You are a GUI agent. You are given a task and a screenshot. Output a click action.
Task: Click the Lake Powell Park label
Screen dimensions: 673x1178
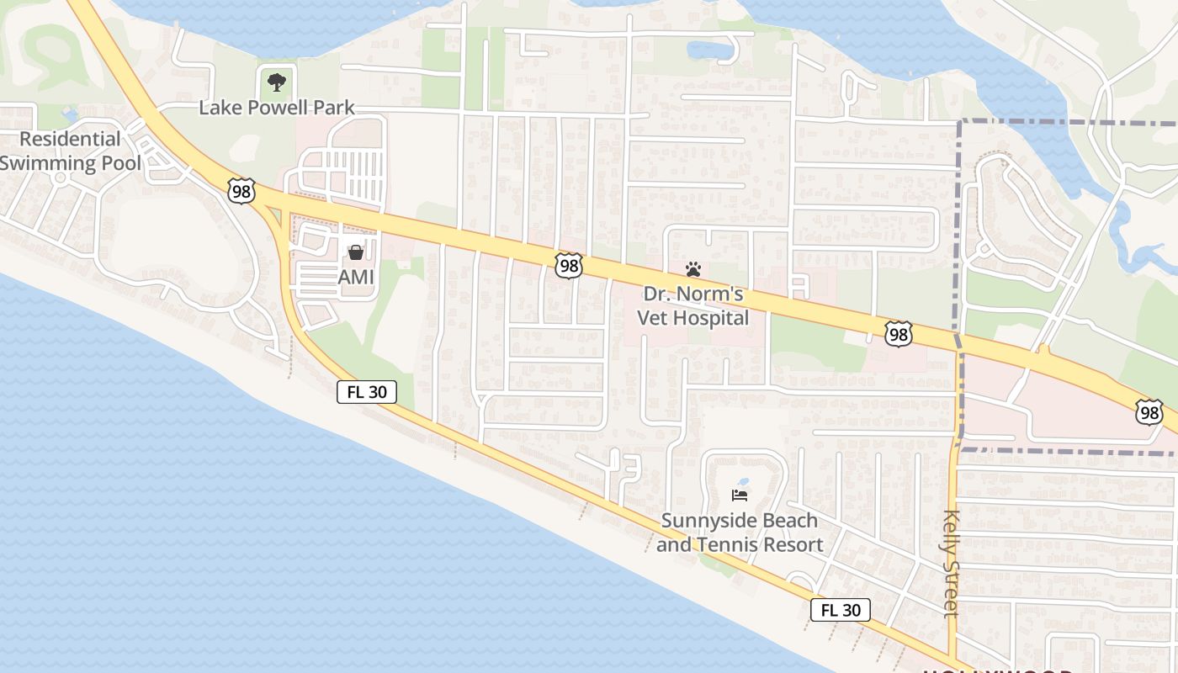[x=277, y=108]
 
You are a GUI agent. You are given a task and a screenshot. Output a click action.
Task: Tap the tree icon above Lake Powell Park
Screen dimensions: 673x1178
[x=276, y=82]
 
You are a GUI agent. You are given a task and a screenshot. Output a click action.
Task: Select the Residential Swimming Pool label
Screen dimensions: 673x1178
[x=71, y=151]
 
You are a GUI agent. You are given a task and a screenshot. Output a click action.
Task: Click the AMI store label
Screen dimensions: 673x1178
[x=356, y=277]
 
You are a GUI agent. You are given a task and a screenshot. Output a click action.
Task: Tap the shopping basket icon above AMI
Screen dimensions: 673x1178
[x=356, y=252]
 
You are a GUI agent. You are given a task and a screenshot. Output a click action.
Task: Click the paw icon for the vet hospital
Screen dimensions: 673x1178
[x=693, y=269]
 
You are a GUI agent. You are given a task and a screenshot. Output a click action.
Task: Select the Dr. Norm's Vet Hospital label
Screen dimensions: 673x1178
[x=693, y=306]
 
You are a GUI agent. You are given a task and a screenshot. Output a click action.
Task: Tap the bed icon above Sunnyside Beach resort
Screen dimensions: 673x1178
[x=740, y=495]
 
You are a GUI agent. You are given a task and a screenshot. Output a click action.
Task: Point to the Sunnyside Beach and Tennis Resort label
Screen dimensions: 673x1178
[x=740, y=533]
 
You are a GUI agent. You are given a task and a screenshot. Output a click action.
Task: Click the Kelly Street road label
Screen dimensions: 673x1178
[x=952, y=564]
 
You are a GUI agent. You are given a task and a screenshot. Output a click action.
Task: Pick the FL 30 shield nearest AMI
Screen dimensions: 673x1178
[x=367, y=391]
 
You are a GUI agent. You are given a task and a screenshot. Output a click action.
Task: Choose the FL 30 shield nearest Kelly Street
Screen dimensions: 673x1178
[x=841, y=610]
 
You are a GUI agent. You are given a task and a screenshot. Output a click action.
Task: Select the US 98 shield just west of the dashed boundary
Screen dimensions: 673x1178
[x=899, y=334]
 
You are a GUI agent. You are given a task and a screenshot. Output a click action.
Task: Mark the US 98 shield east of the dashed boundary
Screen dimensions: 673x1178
[x=1149, y=411]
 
